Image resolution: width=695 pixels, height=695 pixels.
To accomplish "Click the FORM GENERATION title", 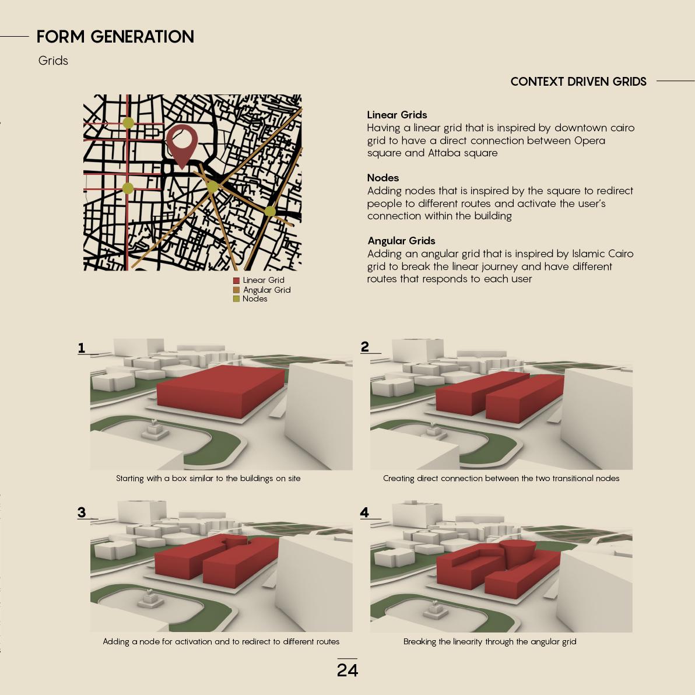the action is pyautogui.click(x=115, y=37).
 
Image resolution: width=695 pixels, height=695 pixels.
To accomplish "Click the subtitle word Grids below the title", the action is pyautogui.click(x=53, y=61).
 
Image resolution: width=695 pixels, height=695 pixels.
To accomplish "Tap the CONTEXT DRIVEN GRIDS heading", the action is pyautogui.click(x=578, y=82).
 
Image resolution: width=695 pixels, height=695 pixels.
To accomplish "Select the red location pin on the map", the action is pyautogui.click(x=182, y=143).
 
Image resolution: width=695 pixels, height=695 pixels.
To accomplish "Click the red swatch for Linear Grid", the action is pyautogui.click(x=236, y=280).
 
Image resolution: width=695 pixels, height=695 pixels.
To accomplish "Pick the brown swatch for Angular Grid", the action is pyautogui.click(x=236, y=290).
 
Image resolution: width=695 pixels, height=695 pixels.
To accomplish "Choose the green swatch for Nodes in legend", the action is pyautogui.click(x=236, y=299).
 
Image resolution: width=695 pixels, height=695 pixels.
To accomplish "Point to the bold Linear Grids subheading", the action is pyautogui.click(x=396, y=115).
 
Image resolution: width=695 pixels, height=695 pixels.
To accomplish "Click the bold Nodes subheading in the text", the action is pyautogui.click(x=382, y=178).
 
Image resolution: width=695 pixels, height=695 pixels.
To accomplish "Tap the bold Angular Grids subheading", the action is pyautogui.click(x=401, y=241).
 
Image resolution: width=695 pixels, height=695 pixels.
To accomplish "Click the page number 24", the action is pyautogui.click(x=347, y=670).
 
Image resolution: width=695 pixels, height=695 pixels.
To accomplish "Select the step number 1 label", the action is pyautogui.click(x=82, y=348).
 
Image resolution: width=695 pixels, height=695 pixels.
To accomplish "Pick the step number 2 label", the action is pyautogui.click(x=365, y=347).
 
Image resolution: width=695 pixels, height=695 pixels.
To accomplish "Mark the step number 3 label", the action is pyautogui.click(x=82, y=513).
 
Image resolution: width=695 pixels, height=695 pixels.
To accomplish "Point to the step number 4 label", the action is pyautogui.click(x=365, y=513).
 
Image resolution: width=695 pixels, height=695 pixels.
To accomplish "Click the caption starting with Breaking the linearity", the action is pyautogui.click(x=489, y=642).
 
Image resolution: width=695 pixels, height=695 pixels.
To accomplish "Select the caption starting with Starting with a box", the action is pyautogui.click(x=208, y=479).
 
